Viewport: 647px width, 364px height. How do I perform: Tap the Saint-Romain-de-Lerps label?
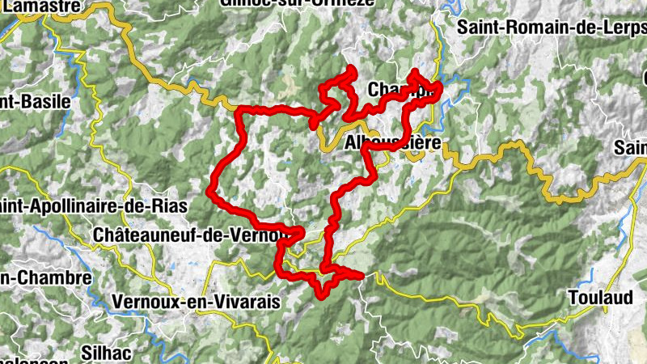(551, 27)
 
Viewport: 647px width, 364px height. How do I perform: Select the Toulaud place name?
(600, 297)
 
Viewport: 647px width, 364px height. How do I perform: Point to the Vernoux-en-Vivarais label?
(197, 301)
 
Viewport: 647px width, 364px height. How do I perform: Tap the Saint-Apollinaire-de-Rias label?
(95, 205)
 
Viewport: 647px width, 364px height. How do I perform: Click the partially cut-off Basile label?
(36, 102)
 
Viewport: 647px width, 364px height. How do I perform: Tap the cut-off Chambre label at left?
(45, 277)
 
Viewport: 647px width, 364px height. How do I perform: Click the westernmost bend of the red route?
(210, 191)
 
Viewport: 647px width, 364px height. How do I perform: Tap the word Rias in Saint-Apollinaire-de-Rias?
(169, 205)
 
